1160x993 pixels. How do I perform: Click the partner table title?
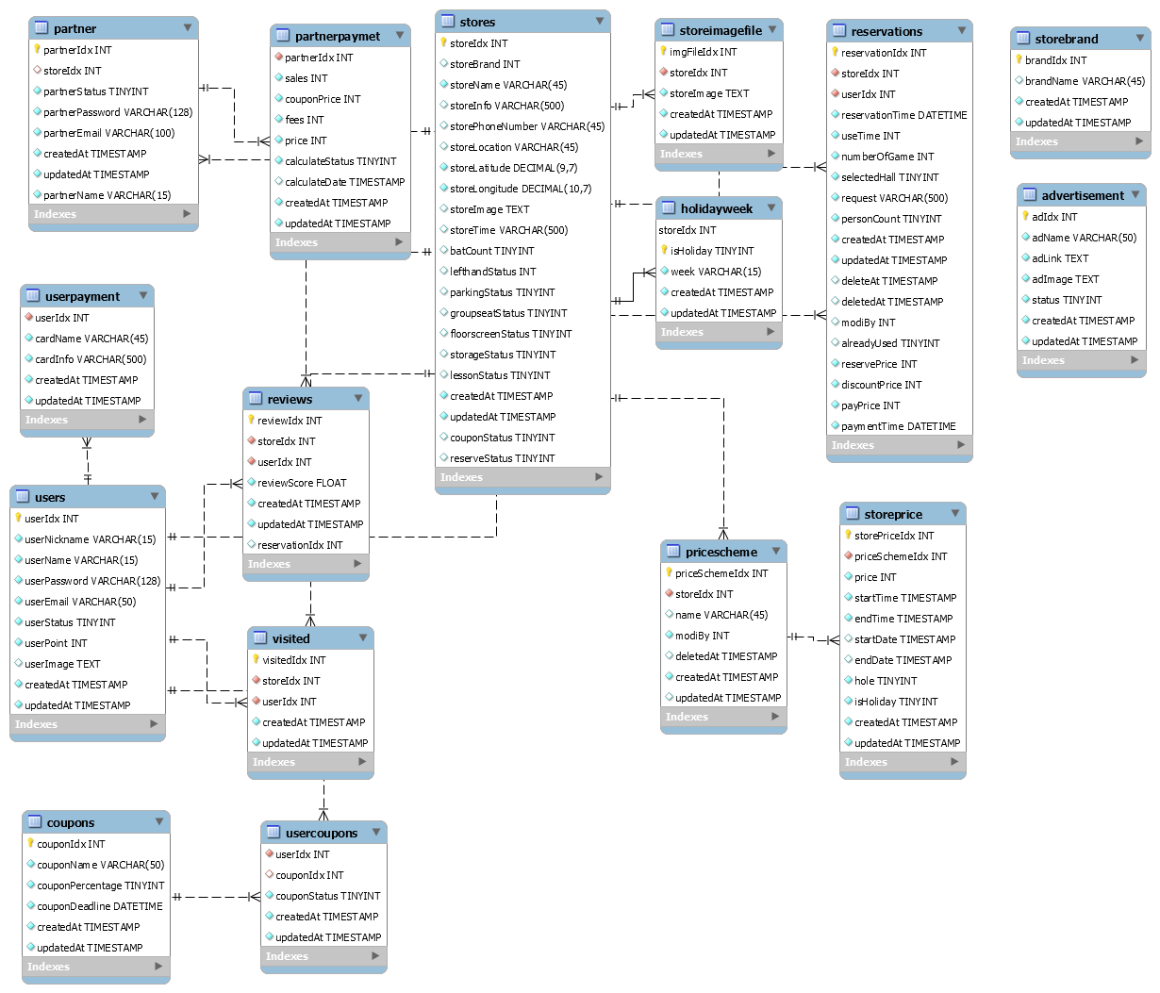coord(75,28)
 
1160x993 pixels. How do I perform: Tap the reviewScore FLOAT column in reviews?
coord(302,483)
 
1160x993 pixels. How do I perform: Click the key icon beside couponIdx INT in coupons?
coord(30,843)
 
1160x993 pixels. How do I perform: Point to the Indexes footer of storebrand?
coord(1036,141)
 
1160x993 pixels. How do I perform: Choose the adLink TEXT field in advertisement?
coord(1060,258)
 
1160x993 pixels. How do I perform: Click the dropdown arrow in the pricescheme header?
coord(776,551)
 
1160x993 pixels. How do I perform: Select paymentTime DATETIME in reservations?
coord(898,426)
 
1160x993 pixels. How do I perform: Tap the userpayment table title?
coord(82,296)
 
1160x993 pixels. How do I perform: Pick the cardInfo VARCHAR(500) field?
coord(91,359)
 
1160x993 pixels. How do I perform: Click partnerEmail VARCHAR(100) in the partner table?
coord(108,133)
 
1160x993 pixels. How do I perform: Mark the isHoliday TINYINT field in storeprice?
coord(896,702)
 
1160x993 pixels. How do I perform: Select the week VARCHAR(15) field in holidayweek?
coord(716,272)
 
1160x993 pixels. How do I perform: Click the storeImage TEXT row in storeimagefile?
coord(709,93)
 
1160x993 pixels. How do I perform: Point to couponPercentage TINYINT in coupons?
coord(100,885)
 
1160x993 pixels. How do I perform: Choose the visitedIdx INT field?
coord(293,660)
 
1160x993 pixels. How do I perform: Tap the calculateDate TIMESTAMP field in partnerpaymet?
coord(344,182)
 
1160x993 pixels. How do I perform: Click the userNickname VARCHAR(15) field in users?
coord(90,539)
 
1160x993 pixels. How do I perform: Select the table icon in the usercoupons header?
coord(273,833)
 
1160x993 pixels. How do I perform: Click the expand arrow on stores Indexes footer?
coord(599,477)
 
